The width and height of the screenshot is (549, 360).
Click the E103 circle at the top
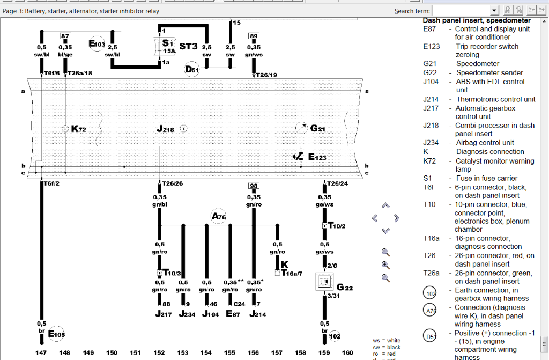[x=97, y=43]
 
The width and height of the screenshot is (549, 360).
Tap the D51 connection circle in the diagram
[x=192, y=69]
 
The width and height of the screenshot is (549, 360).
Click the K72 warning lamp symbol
[x=65, y=129]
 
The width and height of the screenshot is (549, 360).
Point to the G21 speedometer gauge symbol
[x=302, y=128]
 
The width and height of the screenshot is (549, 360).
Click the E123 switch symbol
[x=299, y=157]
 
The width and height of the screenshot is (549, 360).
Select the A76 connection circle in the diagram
[x=218, y=216]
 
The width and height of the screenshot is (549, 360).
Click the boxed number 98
[x=254, y=186]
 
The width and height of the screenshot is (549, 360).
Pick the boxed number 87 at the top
[x=65, y=36]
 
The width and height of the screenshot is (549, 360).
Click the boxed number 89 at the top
[x=254, y=36]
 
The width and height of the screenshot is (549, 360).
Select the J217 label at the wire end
[x=163, y=314]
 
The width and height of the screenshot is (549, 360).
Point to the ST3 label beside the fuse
[x=189, y=46]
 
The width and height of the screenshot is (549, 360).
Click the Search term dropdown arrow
[x=494, y=10]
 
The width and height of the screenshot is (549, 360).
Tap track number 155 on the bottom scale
[x=229, y=352]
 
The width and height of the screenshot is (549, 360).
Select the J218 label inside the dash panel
[x=166, y=129]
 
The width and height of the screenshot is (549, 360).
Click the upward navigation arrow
[x=385, y=205]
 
